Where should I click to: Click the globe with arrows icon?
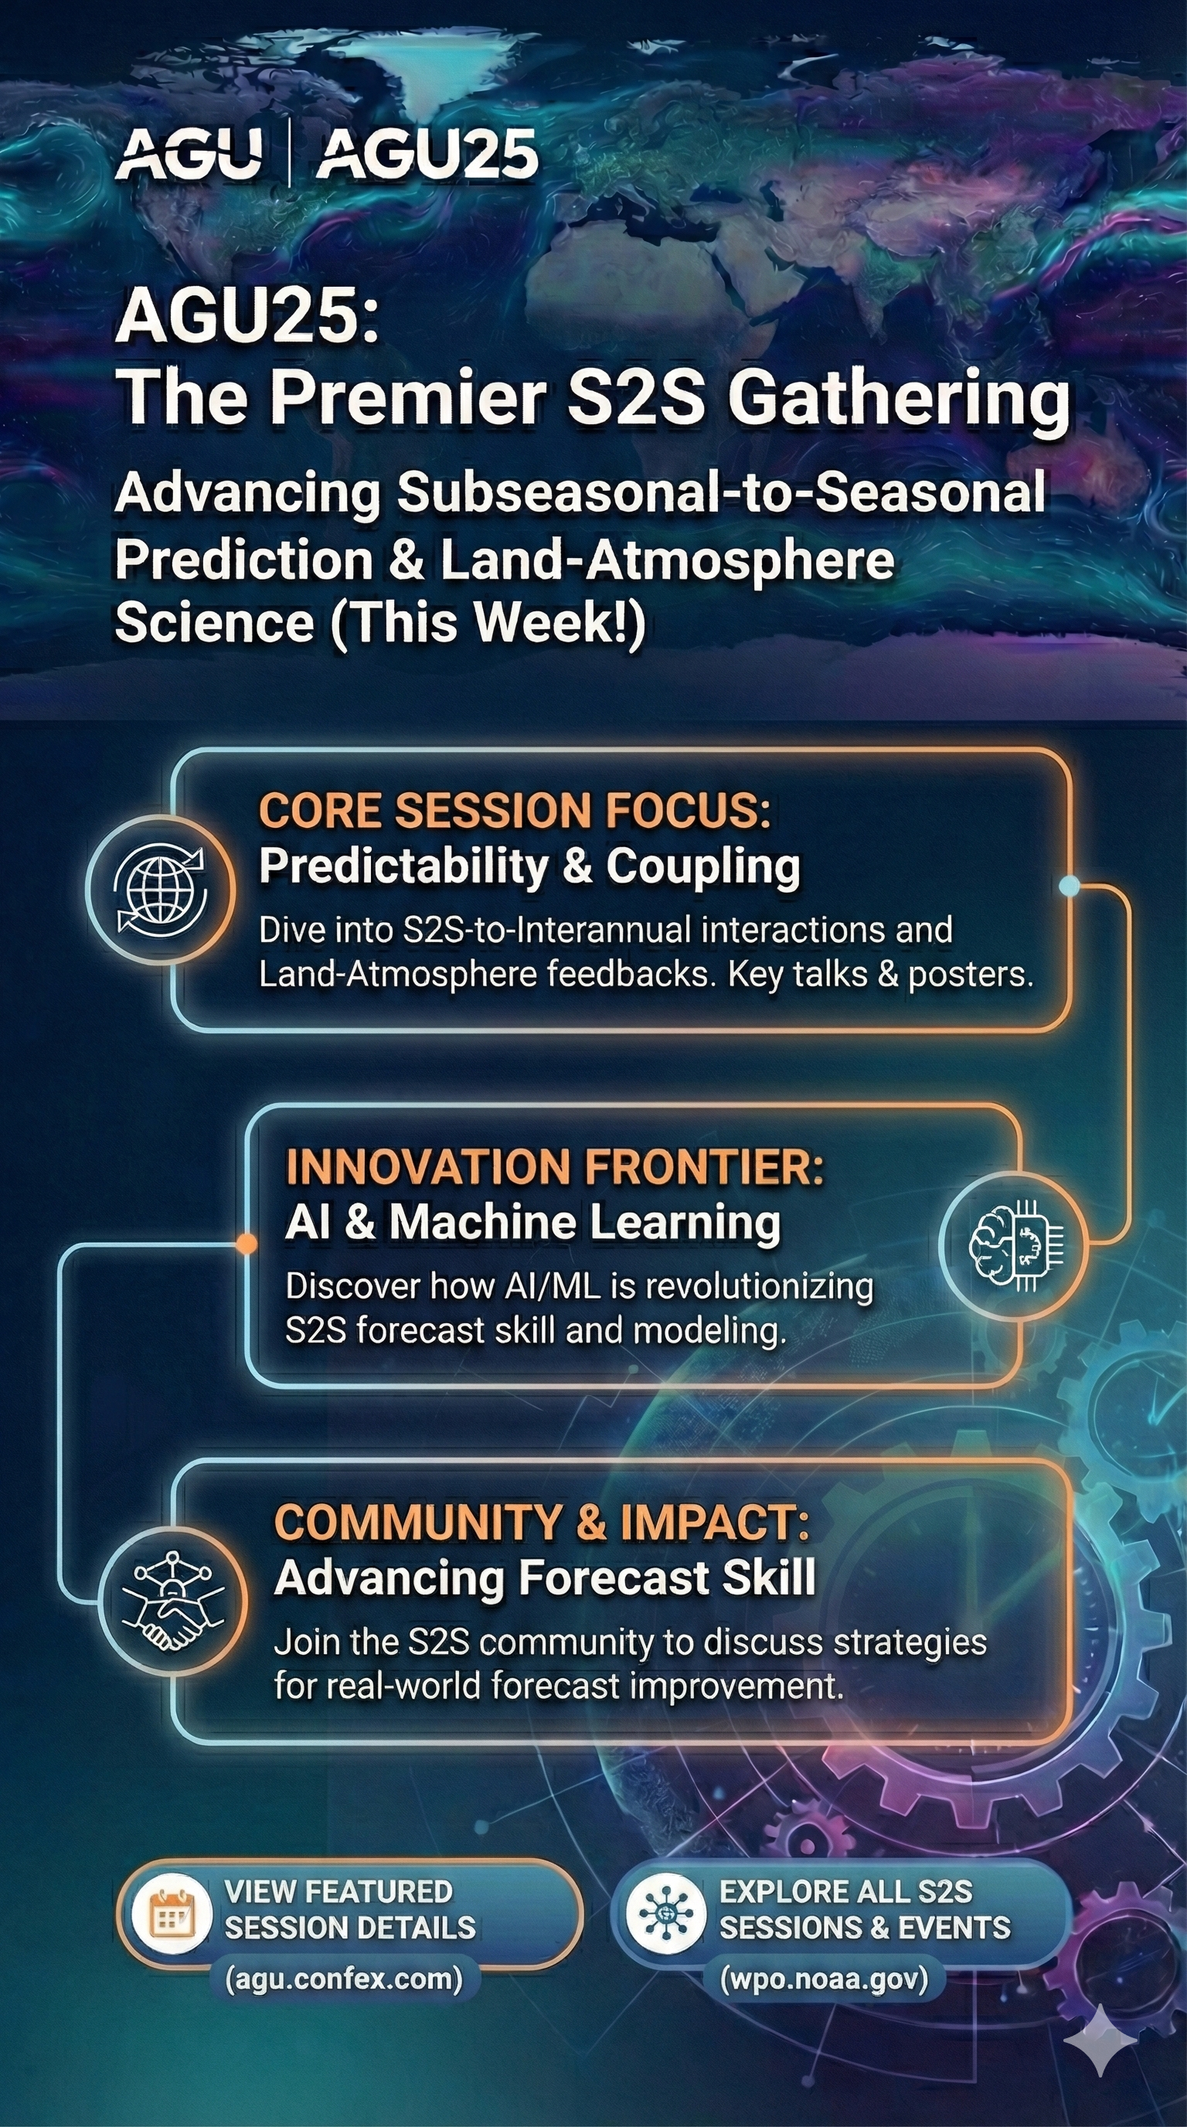click(x=161, y=890)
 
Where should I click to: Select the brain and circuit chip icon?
click(x=1015, y=1245)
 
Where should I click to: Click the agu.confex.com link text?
click(x=343, y=1979)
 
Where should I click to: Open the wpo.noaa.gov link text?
click(x=825, y=1979)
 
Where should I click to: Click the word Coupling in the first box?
click(x=703, y=868)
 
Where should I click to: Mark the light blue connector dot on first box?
click(x=1069, y=886)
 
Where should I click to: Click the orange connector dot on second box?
click(x=246, y=1244)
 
